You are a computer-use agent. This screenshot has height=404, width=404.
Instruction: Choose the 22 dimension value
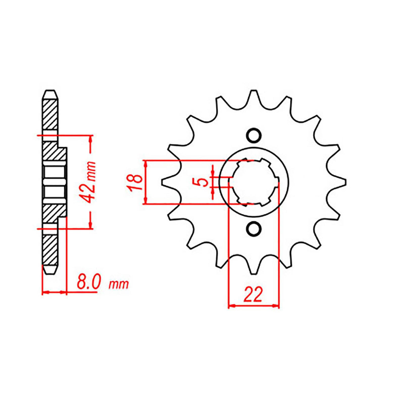(x=253, y=295)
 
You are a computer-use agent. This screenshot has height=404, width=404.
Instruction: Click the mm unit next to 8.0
(x=119, y=285)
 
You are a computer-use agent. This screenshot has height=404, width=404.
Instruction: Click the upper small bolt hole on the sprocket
(x=254, y=135)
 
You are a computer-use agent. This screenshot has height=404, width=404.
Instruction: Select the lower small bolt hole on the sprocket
(x=254, y=229)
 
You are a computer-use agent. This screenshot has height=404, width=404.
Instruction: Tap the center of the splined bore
(x=254, y=182)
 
